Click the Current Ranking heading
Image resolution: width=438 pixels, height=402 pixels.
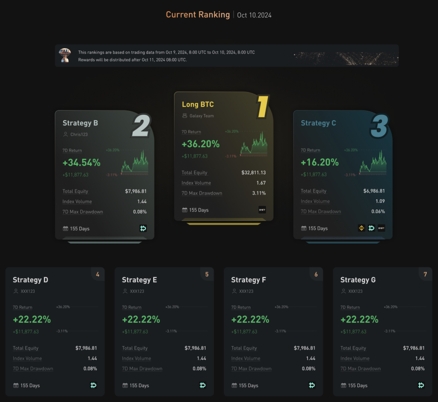198,15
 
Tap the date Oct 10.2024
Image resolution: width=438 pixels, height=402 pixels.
254,15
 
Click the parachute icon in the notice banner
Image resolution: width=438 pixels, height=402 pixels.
65,55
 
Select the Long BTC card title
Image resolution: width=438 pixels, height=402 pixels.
198,104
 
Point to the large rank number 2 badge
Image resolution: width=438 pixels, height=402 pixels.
141,125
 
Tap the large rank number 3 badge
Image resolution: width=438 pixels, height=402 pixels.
379,125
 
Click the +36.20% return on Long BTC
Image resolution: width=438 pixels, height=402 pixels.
201,144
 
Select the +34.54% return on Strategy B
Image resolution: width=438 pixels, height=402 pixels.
81,163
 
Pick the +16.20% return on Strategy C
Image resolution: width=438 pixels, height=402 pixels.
320,163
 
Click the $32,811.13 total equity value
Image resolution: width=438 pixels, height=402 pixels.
253,173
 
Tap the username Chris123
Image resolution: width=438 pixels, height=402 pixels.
79,134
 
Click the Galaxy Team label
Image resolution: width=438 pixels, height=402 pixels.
201,116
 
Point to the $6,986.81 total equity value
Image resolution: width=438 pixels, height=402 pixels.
374,191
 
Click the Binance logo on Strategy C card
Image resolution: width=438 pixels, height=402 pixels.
361,228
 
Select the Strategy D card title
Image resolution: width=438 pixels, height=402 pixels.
30,280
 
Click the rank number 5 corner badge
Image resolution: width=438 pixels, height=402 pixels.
207,274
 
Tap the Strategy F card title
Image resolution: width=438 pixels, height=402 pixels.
249,280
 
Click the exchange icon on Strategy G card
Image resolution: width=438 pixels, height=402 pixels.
421,385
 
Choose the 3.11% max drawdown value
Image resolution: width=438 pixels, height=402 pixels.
258,193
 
